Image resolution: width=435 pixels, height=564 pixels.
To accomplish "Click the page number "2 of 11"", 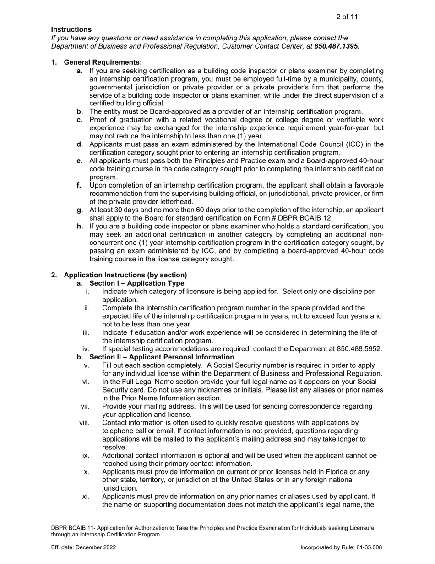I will [x=347, y=17].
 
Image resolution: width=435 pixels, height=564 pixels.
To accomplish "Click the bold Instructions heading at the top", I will [x=71, y=29].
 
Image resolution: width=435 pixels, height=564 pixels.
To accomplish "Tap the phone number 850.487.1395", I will [x=337, y=46].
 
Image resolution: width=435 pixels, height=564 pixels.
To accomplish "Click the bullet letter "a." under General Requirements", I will [x=80, y=71].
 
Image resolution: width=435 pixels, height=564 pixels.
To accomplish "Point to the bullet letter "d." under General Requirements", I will [x=80, y=145].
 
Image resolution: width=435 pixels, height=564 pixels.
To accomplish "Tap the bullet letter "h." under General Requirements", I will [x=80, y=227].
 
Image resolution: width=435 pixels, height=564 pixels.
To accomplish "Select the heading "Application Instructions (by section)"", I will [x=125, y=275].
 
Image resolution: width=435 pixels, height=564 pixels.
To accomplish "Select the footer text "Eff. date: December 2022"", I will [x=83, y=547].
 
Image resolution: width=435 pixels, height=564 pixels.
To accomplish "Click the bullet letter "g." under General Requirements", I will [x=80, y=210].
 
